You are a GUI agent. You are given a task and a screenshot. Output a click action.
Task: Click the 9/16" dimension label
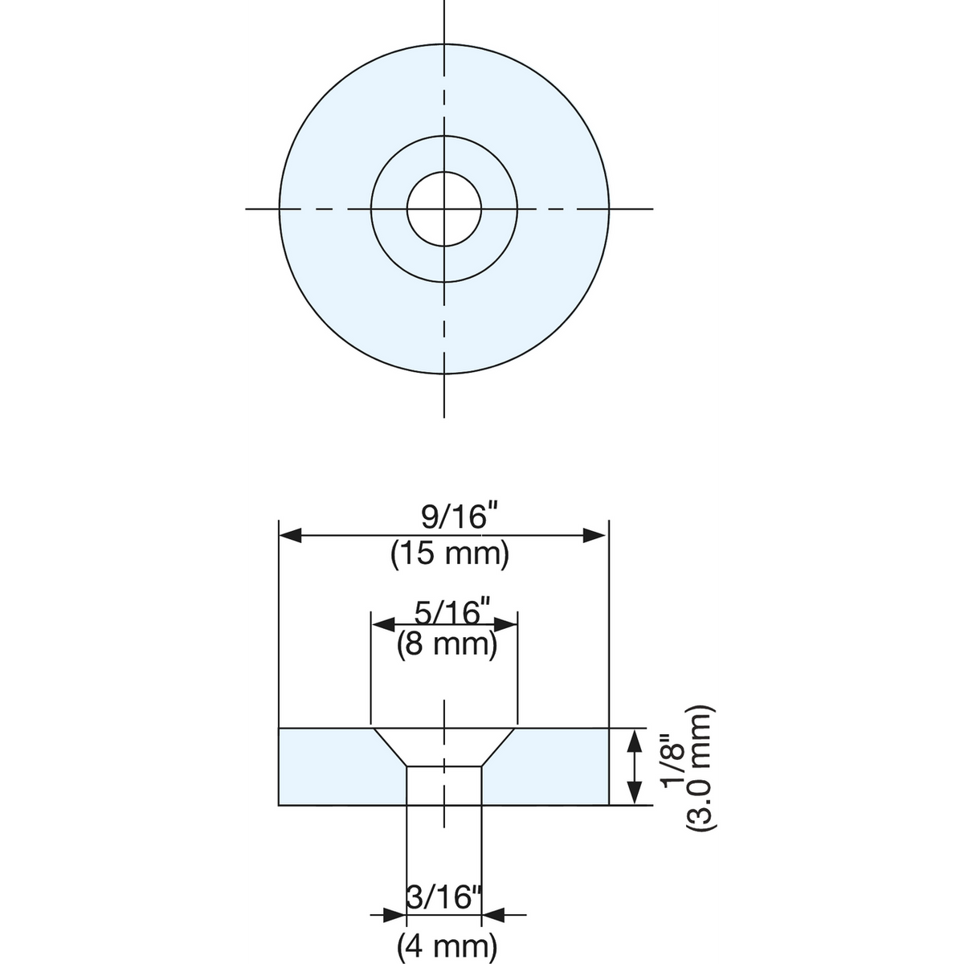(x=454, y=517)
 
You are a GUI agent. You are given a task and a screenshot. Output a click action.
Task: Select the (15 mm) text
(x=450, y=554)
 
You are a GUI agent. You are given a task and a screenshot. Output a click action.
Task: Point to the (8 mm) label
(x=447, y=644)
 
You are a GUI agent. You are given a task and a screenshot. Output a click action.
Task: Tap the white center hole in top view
(x=444, y=209)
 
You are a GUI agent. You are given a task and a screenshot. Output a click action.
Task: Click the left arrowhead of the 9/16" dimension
(x=290, y=535)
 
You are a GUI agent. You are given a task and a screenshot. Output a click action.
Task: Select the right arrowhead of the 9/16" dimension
(x=594, y=535)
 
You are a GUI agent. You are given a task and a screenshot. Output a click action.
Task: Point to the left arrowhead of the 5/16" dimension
(x=383, y=624)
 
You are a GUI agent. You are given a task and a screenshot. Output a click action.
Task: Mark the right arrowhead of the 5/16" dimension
(x=504, y=624)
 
